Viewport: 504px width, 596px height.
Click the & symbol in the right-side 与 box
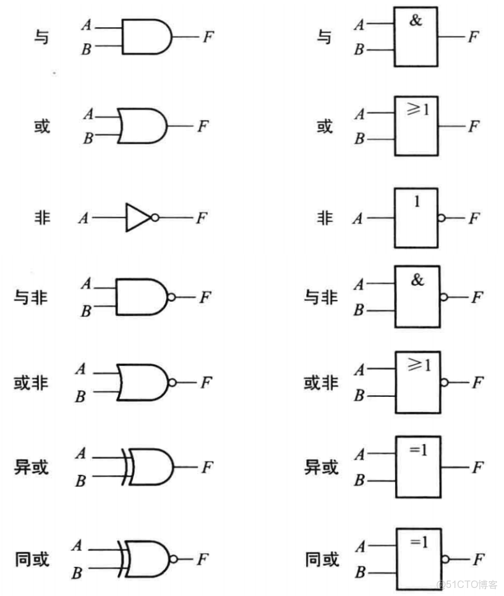coord(416,20)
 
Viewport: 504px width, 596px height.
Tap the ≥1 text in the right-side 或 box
coord(417,111)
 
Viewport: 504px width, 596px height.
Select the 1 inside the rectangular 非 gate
coord(417,201)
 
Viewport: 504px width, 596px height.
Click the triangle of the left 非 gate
coord(137,218)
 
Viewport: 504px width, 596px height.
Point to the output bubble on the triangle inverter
coord(155,218)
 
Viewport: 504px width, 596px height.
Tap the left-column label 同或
coord(32,559)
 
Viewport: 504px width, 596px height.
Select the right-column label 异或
coord(322,467)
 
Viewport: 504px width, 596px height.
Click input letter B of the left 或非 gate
coord(80,396)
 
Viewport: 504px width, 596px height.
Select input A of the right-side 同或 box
coord(359,547)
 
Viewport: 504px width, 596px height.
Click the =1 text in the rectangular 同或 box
coord(418,542)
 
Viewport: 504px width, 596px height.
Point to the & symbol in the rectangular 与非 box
coord(417,280)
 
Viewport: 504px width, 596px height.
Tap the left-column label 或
coord(41,126)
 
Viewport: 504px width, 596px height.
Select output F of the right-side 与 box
coord(473,36)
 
